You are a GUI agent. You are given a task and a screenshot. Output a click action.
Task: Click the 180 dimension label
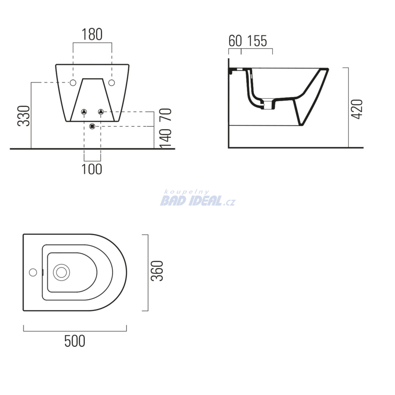coord(92,34)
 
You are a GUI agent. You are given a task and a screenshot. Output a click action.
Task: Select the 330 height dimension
coord(24,116)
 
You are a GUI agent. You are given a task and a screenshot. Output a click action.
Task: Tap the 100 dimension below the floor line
coord(92,169)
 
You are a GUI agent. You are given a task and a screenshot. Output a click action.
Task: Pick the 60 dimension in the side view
coord(235,41)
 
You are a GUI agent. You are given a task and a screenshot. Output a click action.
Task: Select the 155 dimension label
coord(257,41)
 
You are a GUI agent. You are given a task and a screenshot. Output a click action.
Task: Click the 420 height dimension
coord(357,109)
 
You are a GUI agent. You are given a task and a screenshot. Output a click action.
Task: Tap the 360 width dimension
coord(157,271)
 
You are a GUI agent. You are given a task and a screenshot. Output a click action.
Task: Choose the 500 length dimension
coord(75,341)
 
